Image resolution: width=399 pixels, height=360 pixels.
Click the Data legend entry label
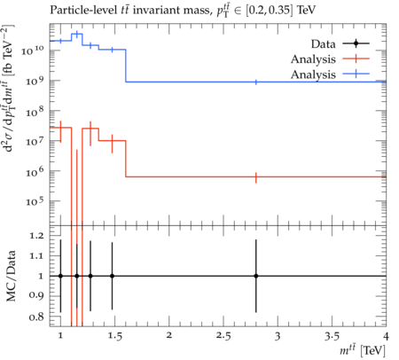click(x=323, y=44)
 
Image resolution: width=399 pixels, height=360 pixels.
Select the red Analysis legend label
click(x=313, y=59)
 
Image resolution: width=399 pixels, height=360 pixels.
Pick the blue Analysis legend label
click(x=313, y=74)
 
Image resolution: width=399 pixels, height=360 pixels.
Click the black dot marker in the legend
click(x=356, y=43)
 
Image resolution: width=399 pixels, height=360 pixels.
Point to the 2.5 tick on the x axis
click(x=223, y=336)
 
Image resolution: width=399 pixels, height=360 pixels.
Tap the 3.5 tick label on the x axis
click(x=332, y=336)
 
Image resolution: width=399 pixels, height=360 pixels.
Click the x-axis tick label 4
click(x=386, y=336)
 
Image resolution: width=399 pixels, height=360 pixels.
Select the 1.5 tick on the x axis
click(x=114, y=336)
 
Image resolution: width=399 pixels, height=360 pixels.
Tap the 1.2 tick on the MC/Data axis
click(x=36, y=236)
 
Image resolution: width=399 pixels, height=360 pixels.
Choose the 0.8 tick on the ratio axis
click(x=36, y=317)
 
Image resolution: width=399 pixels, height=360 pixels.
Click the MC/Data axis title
click(x=11, y=276)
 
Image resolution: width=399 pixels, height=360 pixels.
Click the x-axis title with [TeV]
click(x=363, y=350)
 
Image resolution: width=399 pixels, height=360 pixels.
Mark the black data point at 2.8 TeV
click(x=256, y=276)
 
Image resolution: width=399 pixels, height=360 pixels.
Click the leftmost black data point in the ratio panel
click(x=60, y=276)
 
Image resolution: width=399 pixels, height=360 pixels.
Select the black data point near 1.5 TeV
click(x=112, y=276)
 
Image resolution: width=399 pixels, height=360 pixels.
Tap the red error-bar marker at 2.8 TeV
click(x=256, y=177)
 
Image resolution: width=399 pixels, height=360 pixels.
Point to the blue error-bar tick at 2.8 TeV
click(x=256, y=82)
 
